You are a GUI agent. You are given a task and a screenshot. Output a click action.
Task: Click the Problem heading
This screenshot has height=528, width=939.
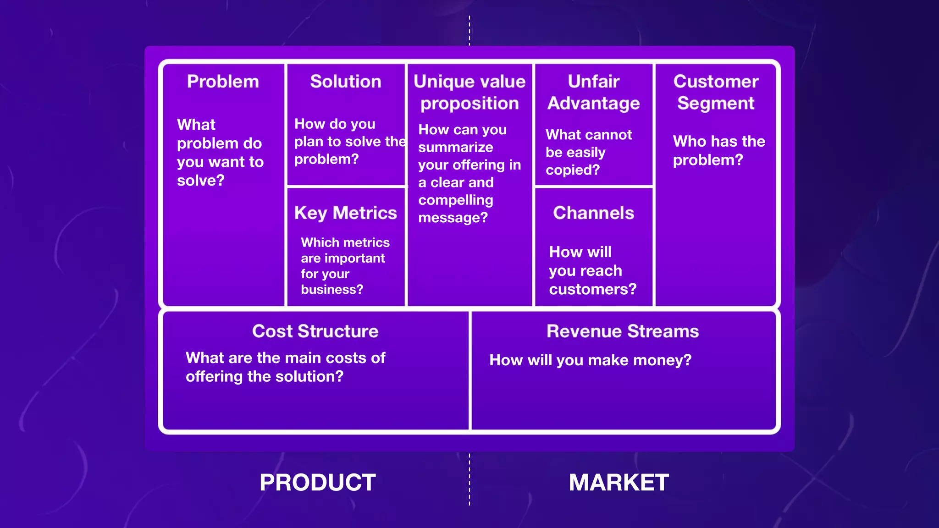coord(223,82)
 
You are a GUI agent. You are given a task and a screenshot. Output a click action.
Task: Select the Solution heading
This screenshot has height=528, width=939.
coord(346,82)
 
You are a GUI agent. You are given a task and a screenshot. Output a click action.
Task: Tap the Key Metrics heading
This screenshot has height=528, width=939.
coord(346,213)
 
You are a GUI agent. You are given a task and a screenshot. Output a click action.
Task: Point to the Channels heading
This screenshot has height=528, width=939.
coord(593,213)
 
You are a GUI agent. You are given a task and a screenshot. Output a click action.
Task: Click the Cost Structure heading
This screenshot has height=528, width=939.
coord(315,331)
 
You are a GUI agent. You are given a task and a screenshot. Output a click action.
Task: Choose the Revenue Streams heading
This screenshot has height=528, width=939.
coord(623,331)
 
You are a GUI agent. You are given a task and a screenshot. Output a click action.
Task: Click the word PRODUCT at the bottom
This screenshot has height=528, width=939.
coord(318,483)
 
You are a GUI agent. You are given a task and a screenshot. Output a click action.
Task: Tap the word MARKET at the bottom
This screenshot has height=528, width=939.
coord(619,483)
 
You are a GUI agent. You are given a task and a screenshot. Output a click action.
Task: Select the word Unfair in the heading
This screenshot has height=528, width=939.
coord(593,82)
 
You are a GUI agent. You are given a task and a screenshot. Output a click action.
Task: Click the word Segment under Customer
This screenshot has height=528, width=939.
coord(716,104)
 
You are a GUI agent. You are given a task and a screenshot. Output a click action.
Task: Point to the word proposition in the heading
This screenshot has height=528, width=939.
coord(469,104)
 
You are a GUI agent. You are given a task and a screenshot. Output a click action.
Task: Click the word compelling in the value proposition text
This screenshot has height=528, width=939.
coord(456,200)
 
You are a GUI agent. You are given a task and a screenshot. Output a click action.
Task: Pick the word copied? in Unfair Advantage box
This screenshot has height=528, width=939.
coord(573,170)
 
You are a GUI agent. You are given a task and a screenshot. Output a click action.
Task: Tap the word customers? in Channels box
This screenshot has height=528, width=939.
coord(593,289)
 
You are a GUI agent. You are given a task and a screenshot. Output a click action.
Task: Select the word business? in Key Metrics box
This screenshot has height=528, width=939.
coord(332,290)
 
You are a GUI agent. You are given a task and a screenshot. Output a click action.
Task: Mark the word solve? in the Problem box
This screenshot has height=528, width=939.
coord(201,181)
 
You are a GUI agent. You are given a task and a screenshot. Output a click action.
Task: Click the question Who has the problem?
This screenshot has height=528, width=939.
coord(718,150)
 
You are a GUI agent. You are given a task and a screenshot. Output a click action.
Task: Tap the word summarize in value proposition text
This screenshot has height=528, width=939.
coord(456,148)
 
